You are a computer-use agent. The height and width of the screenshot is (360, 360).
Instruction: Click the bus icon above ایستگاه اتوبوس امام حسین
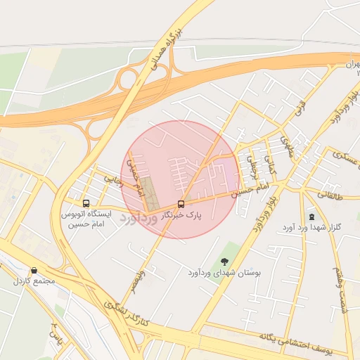pos(86,203)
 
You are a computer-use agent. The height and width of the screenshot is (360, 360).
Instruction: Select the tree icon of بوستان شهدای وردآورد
pos(225,262)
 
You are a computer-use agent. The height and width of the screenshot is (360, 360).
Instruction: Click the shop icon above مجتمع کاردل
pos(34,271)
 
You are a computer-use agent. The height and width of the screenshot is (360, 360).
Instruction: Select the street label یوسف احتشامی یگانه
pos(296,340)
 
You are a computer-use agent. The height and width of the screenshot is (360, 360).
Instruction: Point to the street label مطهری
pos(286,146)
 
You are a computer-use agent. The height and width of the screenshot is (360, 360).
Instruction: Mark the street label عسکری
pos(345,157)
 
